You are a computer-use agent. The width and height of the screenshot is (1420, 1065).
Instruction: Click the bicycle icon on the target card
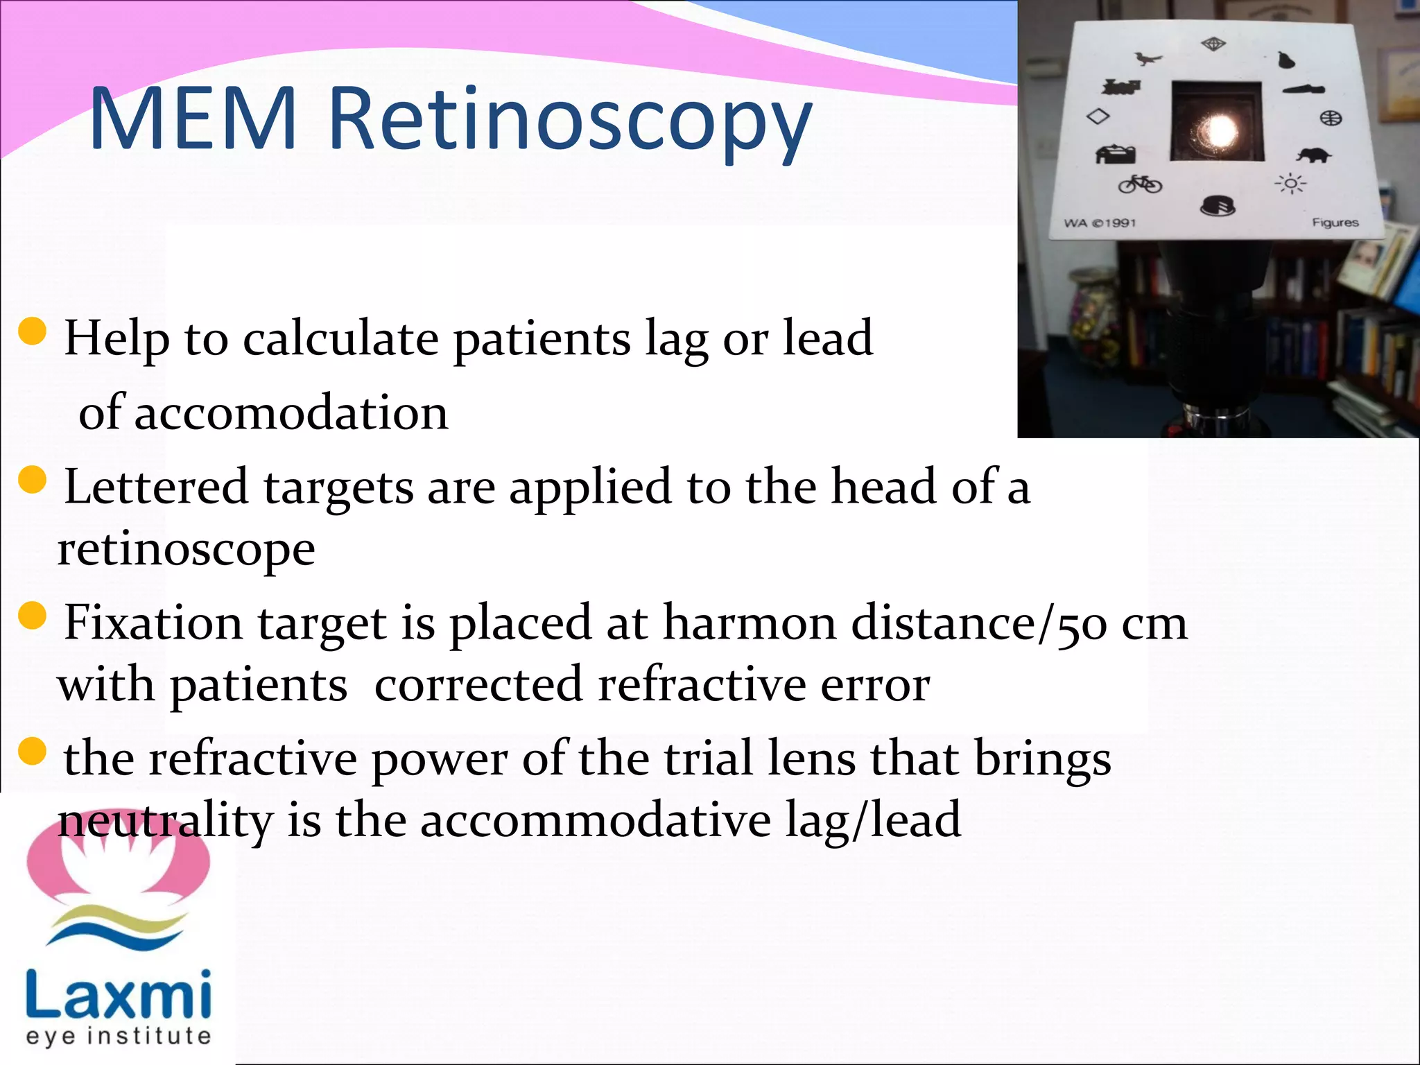click(1140, 184)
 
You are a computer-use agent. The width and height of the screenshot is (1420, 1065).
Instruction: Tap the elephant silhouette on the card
click(1313, 155)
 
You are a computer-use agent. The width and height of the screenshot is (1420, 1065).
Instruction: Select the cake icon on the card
click(1218, 206)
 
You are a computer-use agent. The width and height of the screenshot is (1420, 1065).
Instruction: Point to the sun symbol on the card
click(1290, 184)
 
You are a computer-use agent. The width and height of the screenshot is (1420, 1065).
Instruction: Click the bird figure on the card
click(1148, 58)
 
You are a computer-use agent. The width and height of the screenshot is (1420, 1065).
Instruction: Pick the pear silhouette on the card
click(1286, 60)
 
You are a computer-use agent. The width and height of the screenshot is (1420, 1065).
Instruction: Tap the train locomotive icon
click(1121, 87)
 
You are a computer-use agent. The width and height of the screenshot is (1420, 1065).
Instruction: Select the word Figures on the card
click(1335, 222)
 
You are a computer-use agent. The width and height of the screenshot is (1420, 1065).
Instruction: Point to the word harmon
click(749, 622)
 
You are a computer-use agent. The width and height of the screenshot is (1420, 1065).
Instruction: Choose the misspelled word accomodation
click(291, 413)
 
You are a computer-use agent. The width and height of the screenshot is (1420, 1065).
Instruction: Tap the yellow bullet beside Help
click(33, 331)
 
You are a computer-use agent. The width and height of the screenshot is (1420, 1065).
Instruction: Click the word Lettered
click(156, 486)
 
